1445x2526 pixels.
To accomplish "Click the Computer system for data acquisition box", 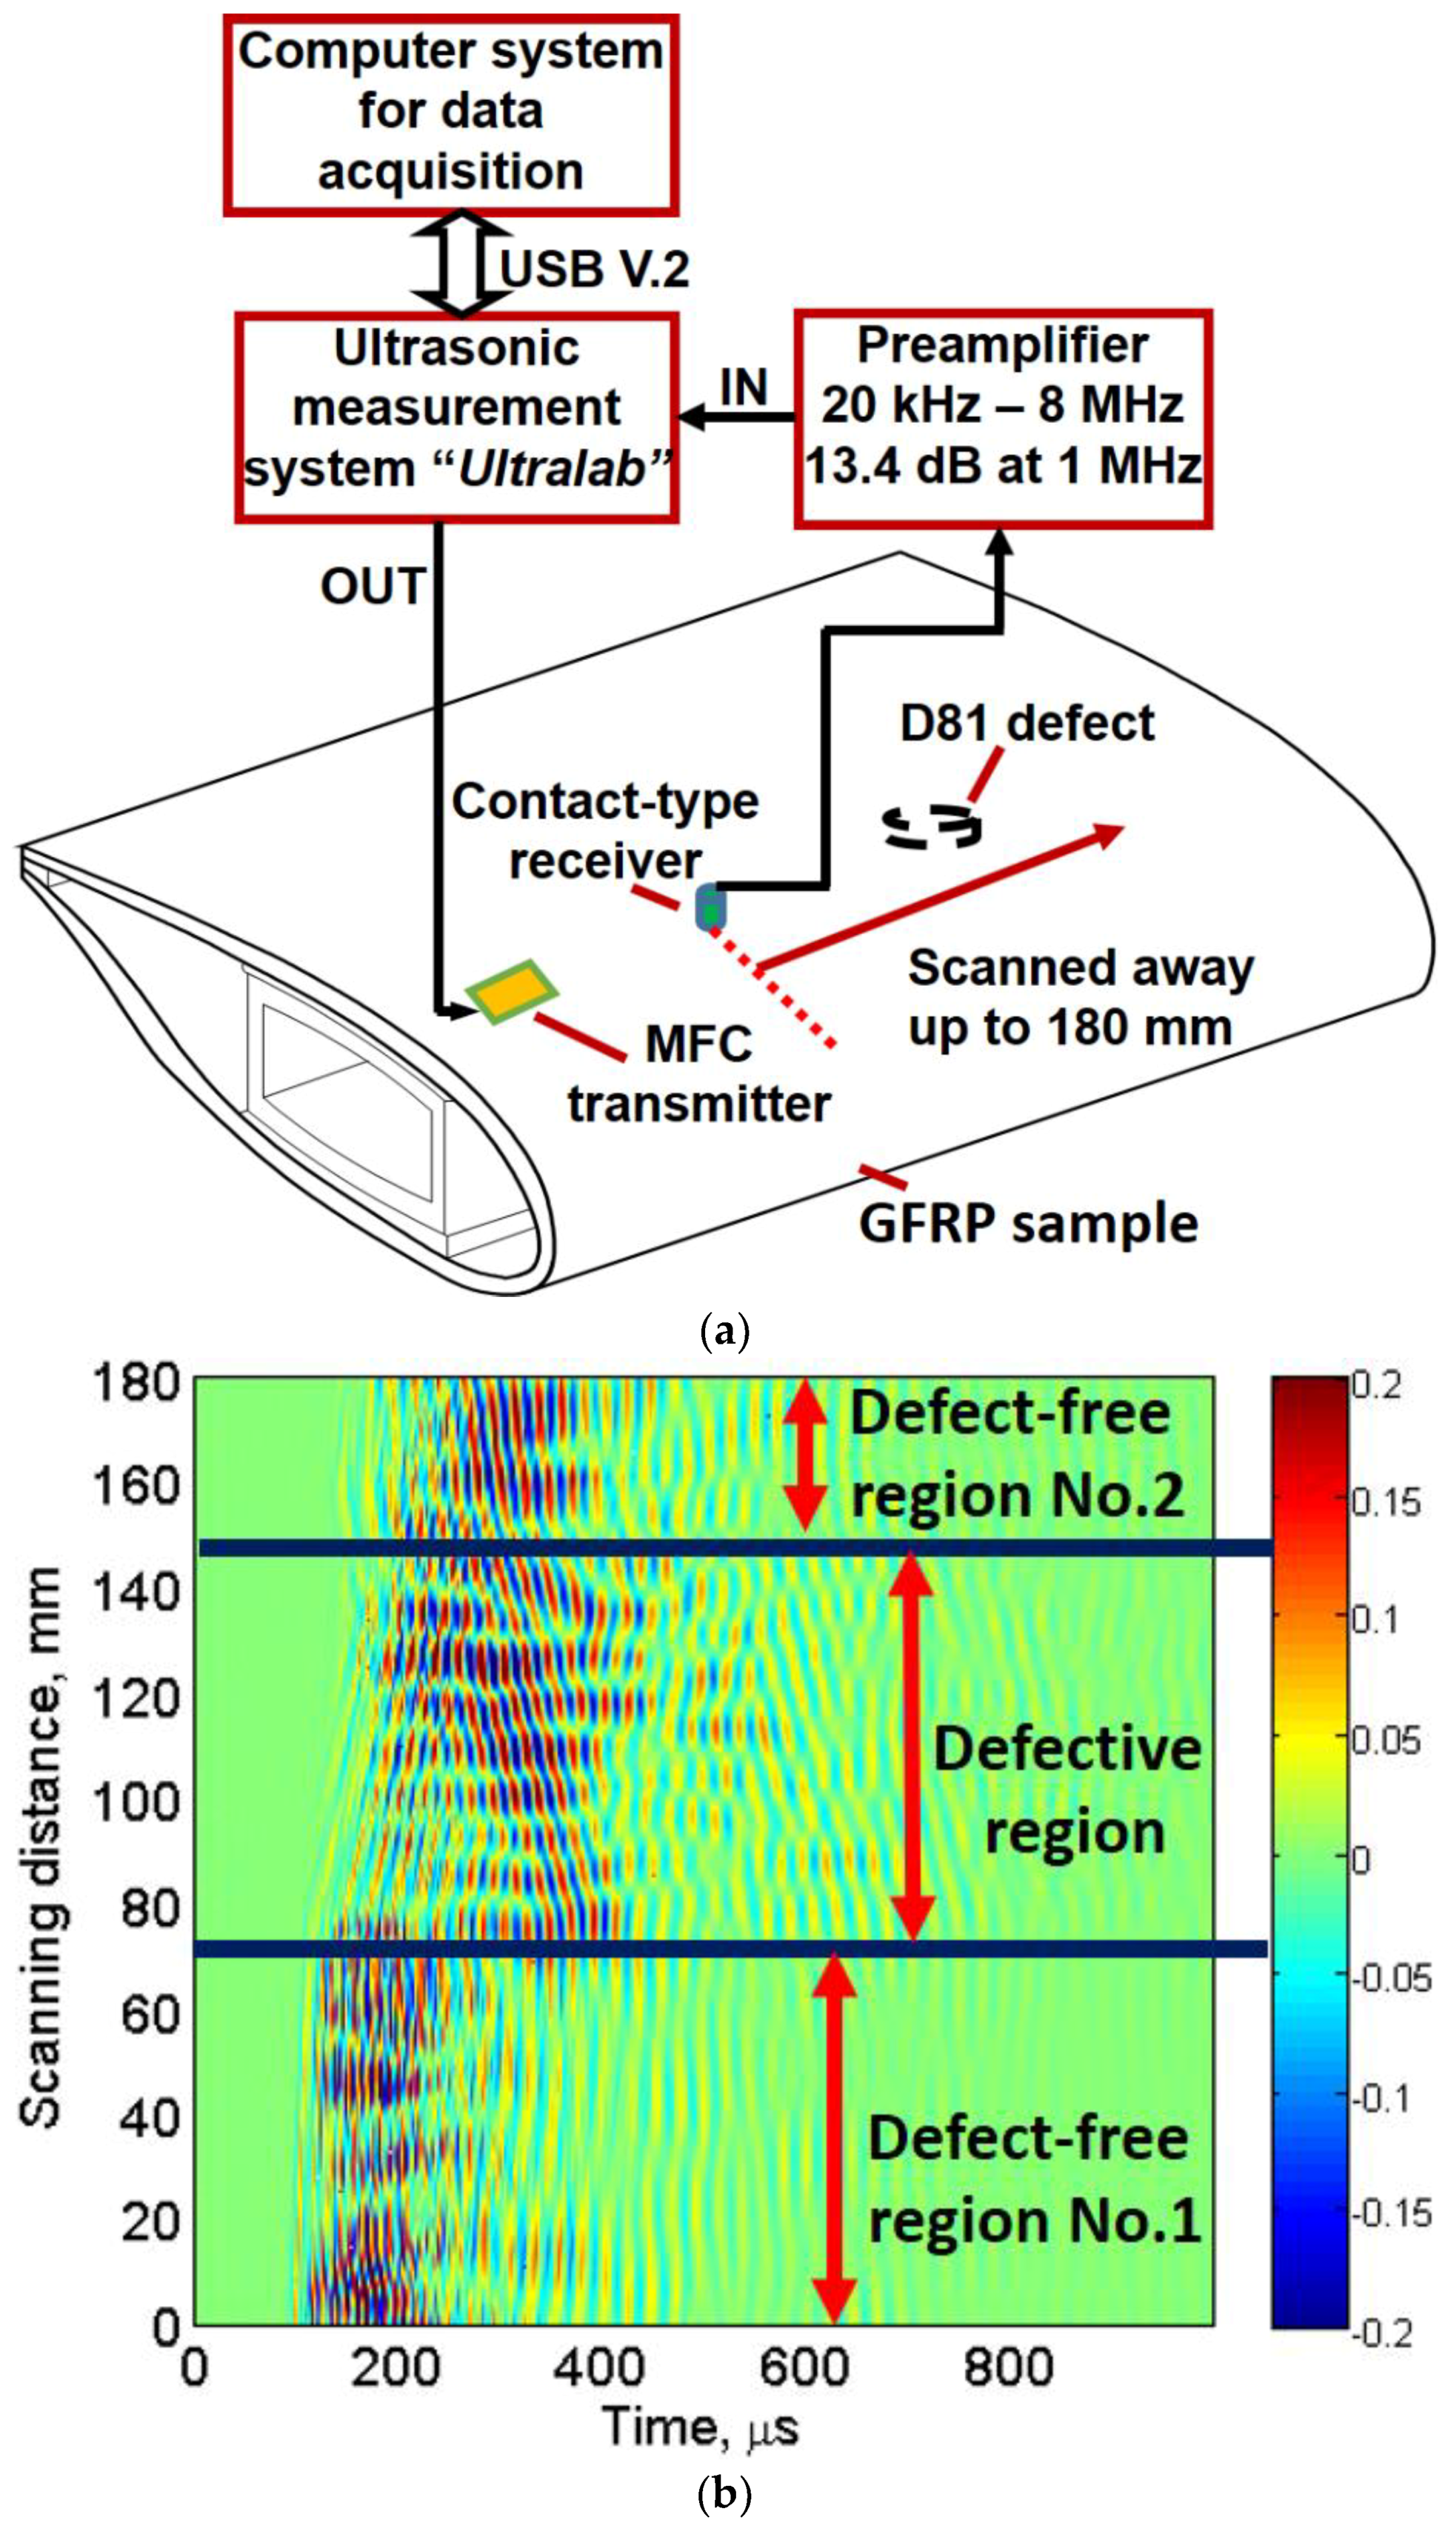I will click(450, 112).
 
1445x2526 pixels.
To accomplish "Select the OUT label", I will click(372, 586).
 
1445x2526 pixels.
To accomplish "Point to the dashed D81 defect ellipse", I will click(933, 826).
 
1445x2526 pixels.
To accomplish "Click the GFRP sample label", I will click(1028, 1223).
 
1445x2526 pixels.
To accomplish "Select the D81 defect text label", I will click(1027, 723).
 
